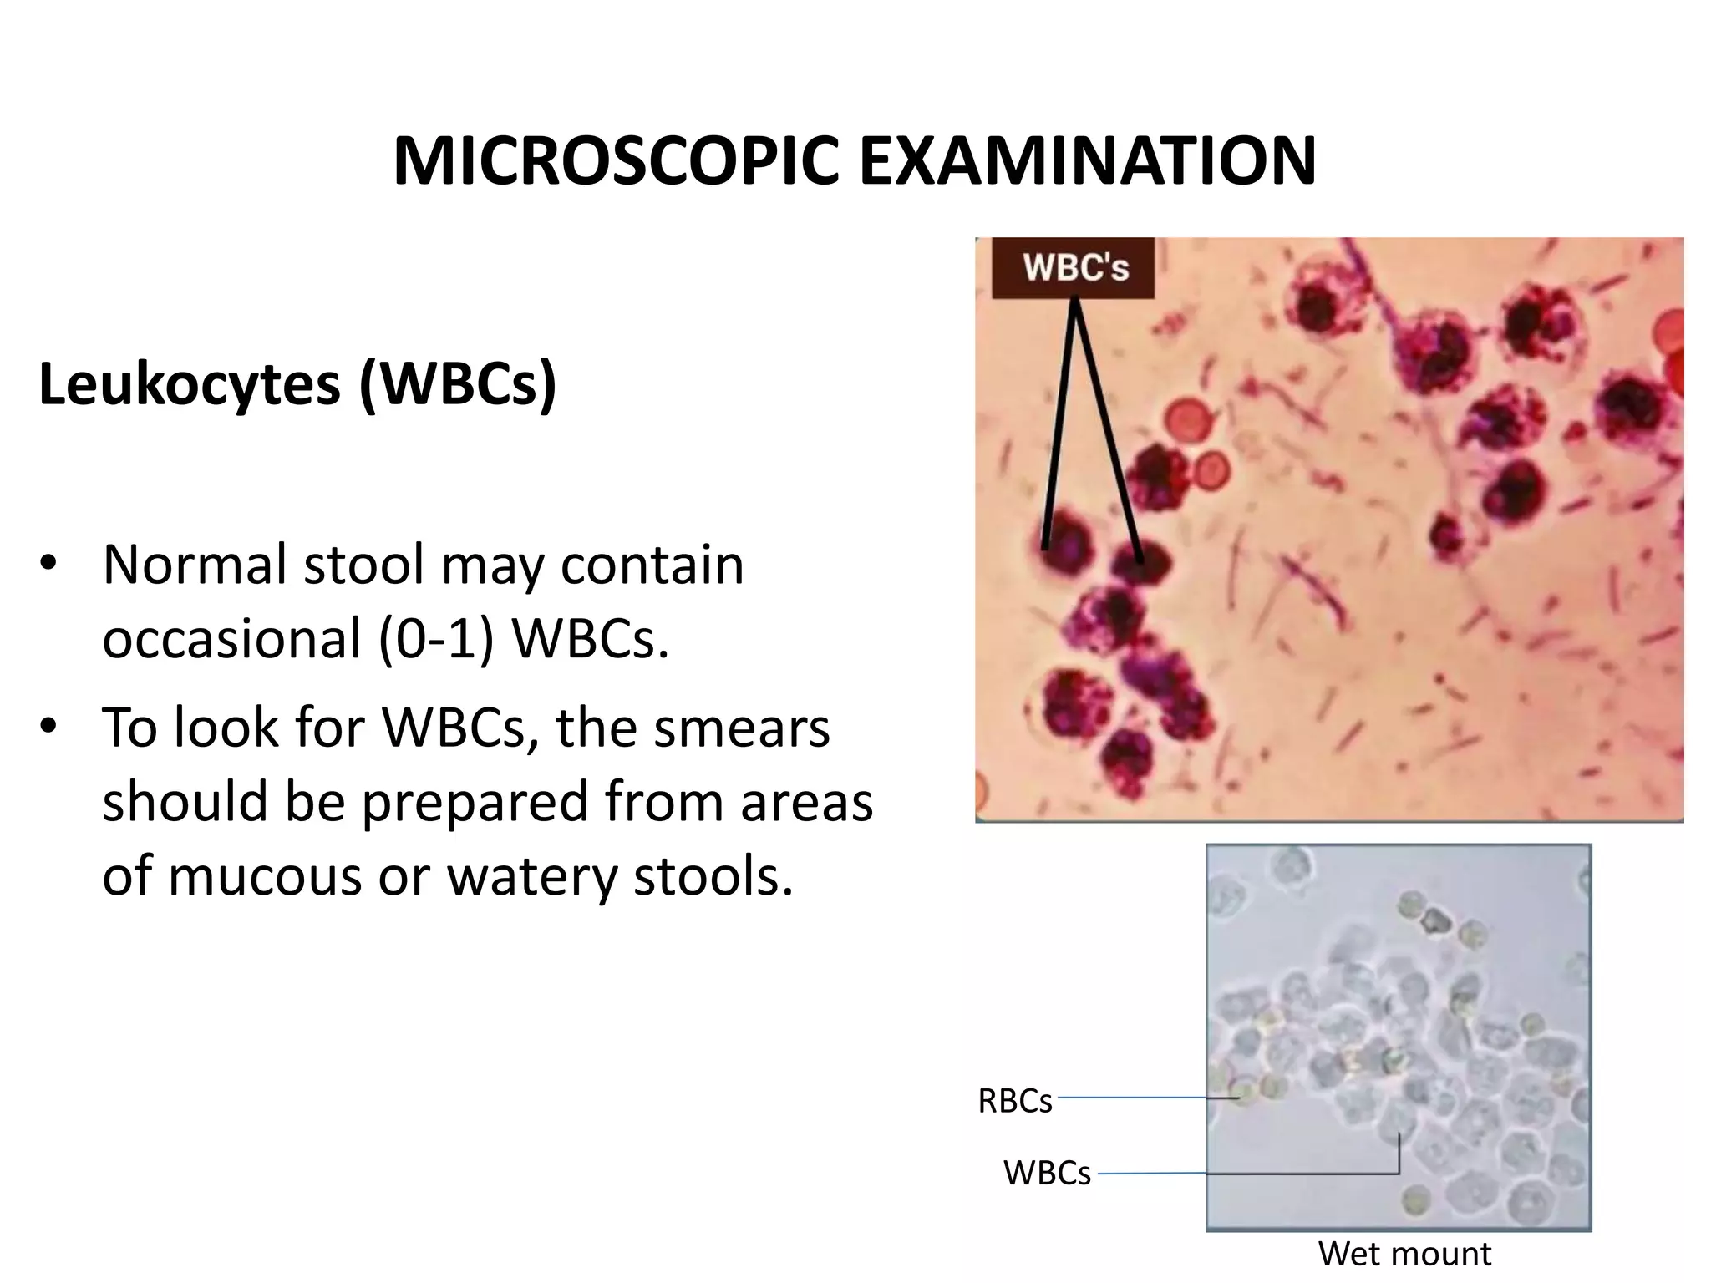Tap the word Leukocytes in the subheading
190,385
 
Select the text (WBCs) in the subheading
458,385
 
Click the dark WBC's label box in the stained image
1074,268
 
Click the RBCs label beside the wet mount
1015,1102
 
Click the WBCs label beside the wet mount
1047,1174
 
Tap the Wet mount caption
1404,1254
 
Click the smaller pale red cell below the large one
1210,473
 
